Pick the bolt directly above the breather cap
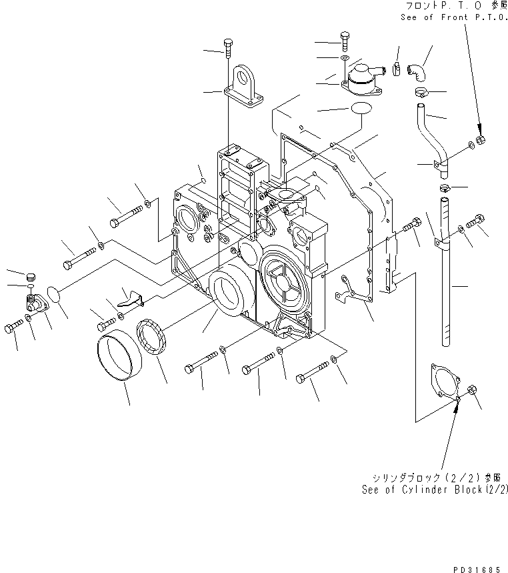tap(345, 40)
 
